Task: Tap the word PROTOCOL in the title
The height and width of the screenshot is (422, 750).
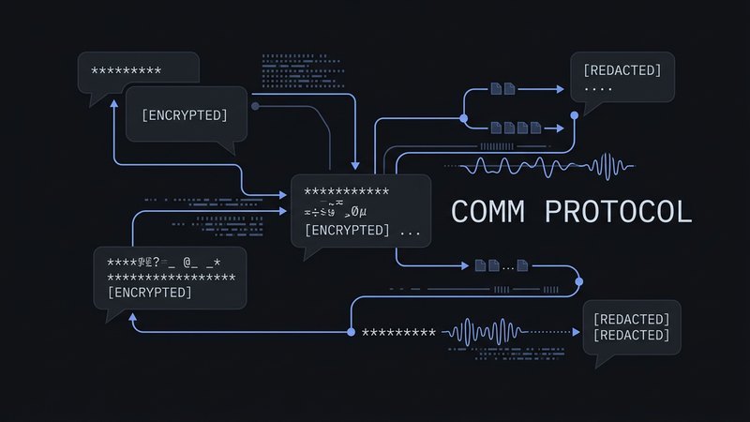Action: pyautogui.click(x=618, y=212)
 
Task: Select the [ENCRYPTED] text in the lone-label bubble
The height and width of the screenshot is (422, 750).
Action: pyautogui.click(x=185, y=114)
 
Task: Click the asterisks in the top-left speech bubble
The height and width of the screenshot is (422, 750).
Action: pyautogui.click(x=126, y=71)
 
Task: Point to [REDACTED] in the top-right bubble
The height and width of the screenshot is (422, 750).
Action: pyautogui.click(x=622, y=70)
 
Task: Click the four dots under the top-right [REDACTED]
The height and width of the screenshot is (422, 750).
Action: pyautogui.click(x=597, y=90)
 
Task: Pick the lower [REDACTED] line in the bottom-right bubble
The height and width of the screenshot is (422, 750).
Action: pyautogui.click(x=631, y=335)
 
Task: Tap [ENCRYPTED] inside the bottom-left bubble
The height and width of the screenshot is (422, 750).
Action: pyautogui.click(x=150, y=293)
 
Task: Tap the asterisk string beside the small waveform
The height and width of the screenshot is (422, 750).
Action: pyautogui.click(x=398, y=332)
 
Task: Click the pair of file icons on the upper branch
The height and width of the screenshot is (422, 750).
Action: pyautogui.click(x=503, y=90)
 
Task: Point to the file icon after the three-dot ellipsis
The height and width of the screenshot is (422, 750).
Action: pyautogui.click(x=523, y=266)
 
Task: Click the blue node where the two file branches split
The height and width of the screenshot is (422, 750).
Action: pyautogui.click(x=463, y=118)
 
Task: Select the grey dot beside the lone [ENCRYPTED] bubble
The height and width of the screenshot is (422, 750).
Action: pyautogui.click(x=255, y=106)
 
